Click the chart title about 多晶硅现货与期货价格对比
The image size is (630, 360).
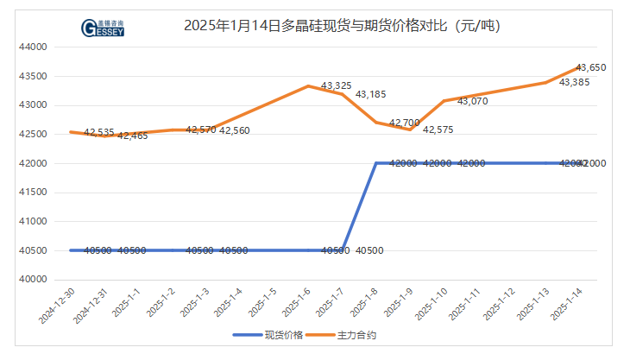[343, 26]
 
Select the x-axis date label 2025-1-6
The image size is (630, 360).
[299, 305]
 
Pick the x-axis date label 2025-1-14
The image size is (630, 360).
[570, 305]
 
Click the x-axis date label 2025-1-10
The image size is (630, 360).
[435, 305]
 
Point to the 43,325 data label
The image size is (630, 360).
[336, 86]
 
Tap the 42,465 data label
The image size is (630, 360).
[132, 136]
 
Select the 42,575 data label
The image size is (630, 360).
[438, 129]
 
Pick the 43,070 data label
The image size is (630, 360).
[472, 101]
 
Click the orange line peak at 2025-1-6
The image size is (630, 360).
[308, 86]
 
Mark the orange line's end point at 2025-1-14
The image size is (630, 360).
[579, 67]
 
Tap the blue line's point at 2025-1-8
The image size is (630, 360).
[376, 163]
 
